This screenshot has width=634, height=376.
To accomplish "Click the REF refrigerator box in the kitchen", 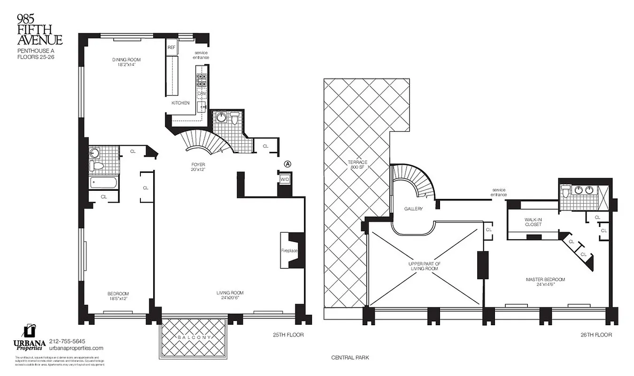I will click(171, 47).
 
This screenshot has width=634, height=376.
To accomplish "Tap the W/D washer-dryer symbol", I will click(285, 180).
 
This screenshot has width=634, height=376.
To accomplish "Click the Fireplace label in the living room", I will click(290, 251).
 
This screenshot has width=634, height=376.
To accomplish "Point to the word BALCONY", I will click(194, 338).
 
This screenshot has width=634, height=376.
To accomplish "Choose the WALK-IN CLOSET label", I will click(533, 222).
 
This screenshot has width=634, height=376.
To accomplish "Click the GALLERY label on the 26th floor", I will click(413, 209).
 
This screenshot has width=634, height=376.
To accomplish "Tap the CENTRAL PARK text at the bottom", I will click(350, 358).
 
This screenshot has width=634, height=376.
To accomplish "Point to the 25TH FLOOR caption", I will click(288, 335).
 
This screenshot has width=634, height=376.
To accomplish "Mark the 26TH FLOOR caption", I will click(596, 335).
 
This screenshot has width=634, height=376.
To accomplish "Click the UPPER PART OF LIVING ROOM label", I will click(425, 266).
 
